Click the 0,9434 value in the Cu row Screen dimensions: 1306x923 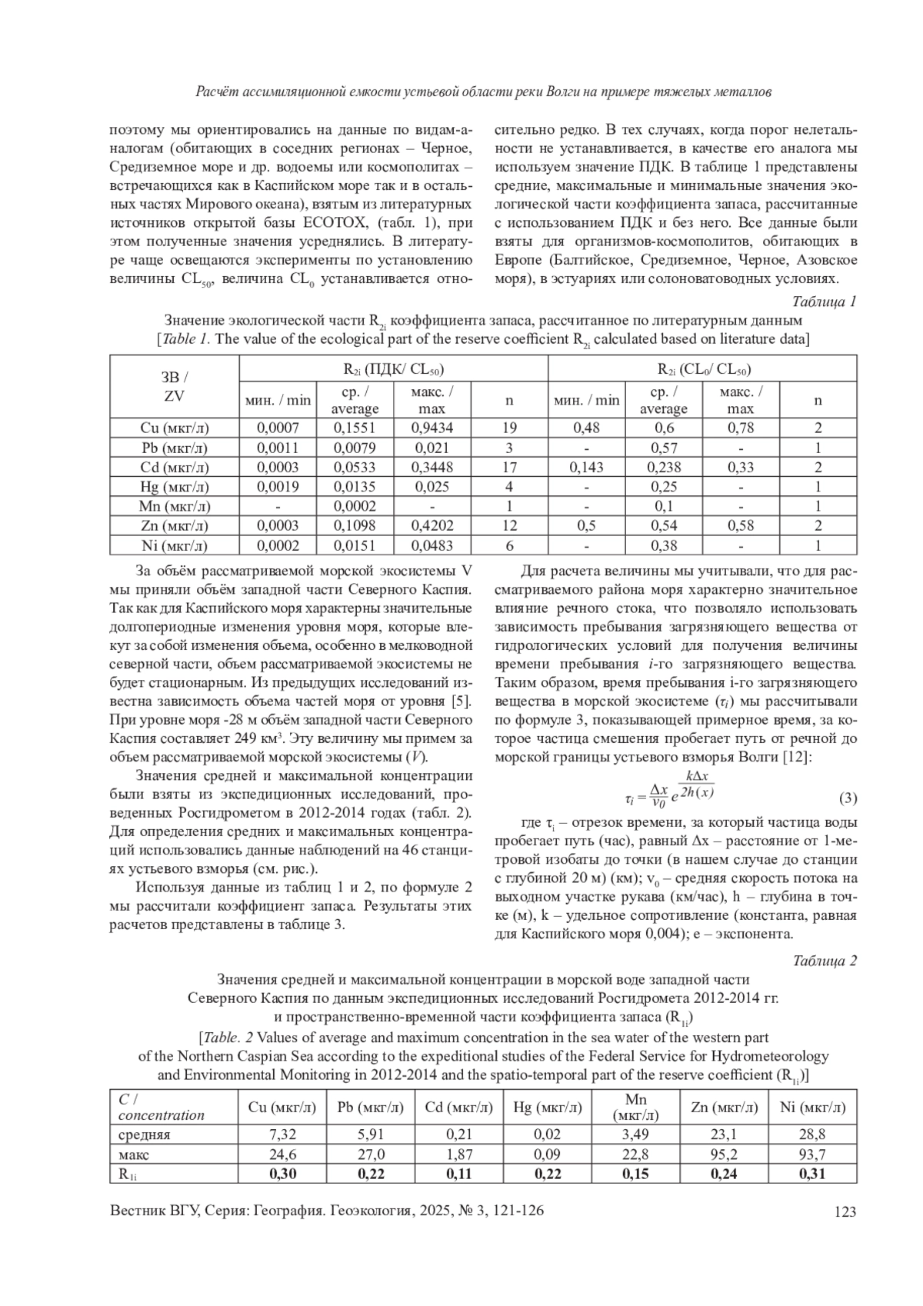coord(432,428)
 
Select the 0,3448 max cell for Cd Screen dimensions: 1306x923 coord(432,467)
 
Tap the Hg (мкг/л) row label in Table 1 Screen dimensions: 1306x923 coord(174,487)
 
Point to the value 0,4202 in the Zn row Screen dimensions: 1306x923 coord(432,526)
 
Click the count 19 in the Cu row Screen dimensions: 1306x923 coord(509,428)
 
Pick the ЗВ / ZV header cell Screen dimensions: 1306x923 coord(174,387)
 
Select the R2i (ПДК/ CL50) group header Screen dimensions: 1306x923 coord(393,369)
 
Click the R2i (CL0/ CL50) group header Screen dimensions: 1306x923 coord(702,369)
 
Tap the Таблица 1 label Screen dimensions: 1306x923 coord(824,302)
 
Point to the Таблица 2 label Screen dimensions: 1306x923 coord(824,961)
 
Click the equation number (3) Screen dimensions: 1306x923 coord(847,798)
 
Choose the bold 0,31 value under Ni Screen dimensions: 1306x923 coord(812,1174)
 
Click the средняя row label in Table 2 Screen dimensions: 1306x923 coord(145,1135)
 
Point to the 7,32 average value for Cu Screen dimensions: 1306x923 coord(282,1135)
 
